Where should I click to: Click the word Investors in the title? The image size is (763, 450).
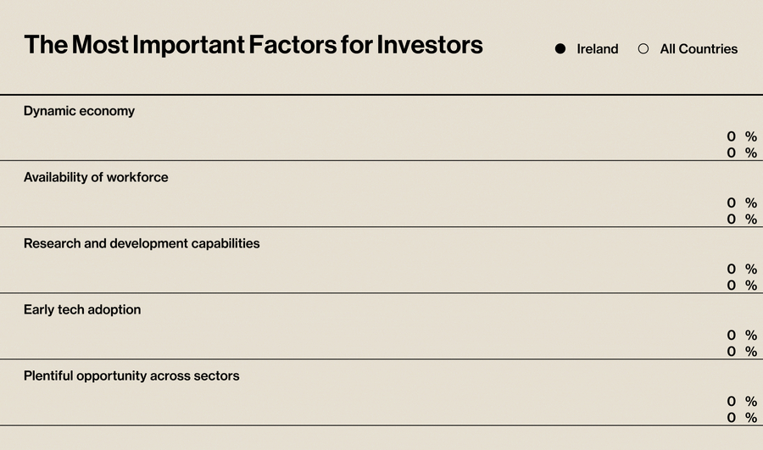(430, 45)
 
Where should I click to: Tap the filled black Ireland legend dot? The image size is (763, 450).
(560, 49)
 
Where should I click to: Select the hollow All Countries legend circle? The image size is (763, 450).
(643, 49)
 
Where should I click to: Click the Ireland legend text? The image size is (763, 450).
(598, 49)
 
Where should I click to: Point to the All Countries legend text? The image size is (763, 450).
(699, 49)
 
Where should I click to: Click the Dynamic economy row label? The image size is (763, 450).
(79, 111)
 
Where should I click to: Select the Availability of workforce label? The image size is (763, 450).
(96, 177)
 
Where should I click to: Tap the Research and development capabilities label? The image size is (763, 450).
(142, 243)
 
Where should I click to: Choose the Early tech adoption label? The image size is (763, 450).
(82, 309)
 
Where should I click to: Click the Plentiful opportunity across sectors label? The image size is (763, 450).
(131, 375)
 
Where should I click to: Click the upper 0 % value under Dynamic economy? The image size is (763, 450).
(741, 136)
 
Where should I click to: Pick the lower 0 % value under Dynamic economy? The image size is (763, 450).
(741, 153)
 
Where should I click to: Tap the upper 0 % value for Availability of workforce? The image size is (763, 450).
(741, 203)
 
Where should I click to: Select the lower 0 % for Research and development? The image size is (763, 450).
(741, 285)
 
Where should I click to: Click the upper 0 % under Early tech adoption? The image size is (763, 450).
(741, 335)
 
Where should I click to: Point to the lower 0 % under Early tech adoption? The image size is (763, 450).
(741, 351)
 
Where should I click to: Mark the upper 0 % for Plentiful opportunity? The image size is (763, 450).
(741, 401)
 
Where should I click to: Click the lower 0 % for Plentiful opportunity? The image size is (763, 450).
(741, 417)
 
